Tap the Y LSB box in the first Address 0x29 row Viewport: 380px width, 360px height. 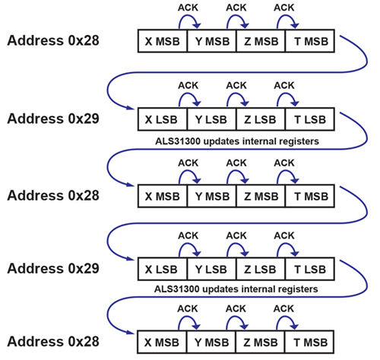211,119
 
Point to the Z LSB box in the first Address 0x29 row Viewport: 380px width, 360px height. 261,119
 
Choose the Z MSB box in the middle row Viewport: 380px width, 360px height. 261,195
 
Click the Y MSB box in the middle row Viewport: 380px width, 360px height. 211,195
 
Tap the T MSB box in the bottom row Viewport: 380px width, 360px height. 309,342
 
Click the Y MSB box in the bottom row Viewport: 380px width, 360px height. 211,342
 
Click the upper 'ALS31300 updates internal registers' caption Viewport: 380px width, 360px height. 236,141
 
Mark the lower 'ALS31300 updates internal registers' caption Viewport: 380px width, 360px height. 236,289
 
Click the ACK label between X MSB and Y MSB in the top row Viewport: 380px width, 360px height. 187,9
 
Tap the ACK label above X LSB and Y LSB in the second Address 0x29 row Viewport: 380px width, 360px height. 187,235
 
